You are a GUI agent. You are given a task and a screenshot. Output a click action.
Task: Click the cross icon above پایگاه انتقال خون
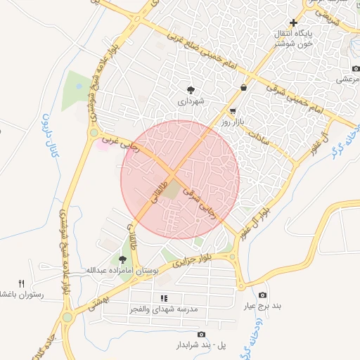point(294,22)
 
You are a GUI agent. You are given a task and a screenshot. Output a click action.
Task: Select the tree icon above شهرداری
point(191,89)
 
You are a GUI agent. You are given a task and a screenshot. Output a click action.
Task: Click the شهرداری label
point(191,101)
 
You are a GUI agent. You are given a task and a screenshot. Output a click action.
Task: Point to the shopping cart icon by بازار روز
point(233,111)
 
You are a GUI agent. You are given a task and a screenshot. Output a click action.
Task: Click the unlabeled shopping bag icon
point(243,88)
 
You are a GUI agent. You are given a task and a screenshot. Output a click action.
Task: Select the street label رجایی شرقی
point(200,202)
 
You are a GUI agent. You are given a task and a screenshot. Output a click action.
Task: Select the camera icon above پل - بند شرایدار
point(202,334)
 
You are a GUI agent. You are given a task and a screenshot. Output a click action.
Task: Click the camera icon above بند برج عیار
point(263,295)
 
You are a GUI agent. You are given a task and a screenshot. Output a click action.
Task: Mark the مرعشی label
point(347,80)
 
